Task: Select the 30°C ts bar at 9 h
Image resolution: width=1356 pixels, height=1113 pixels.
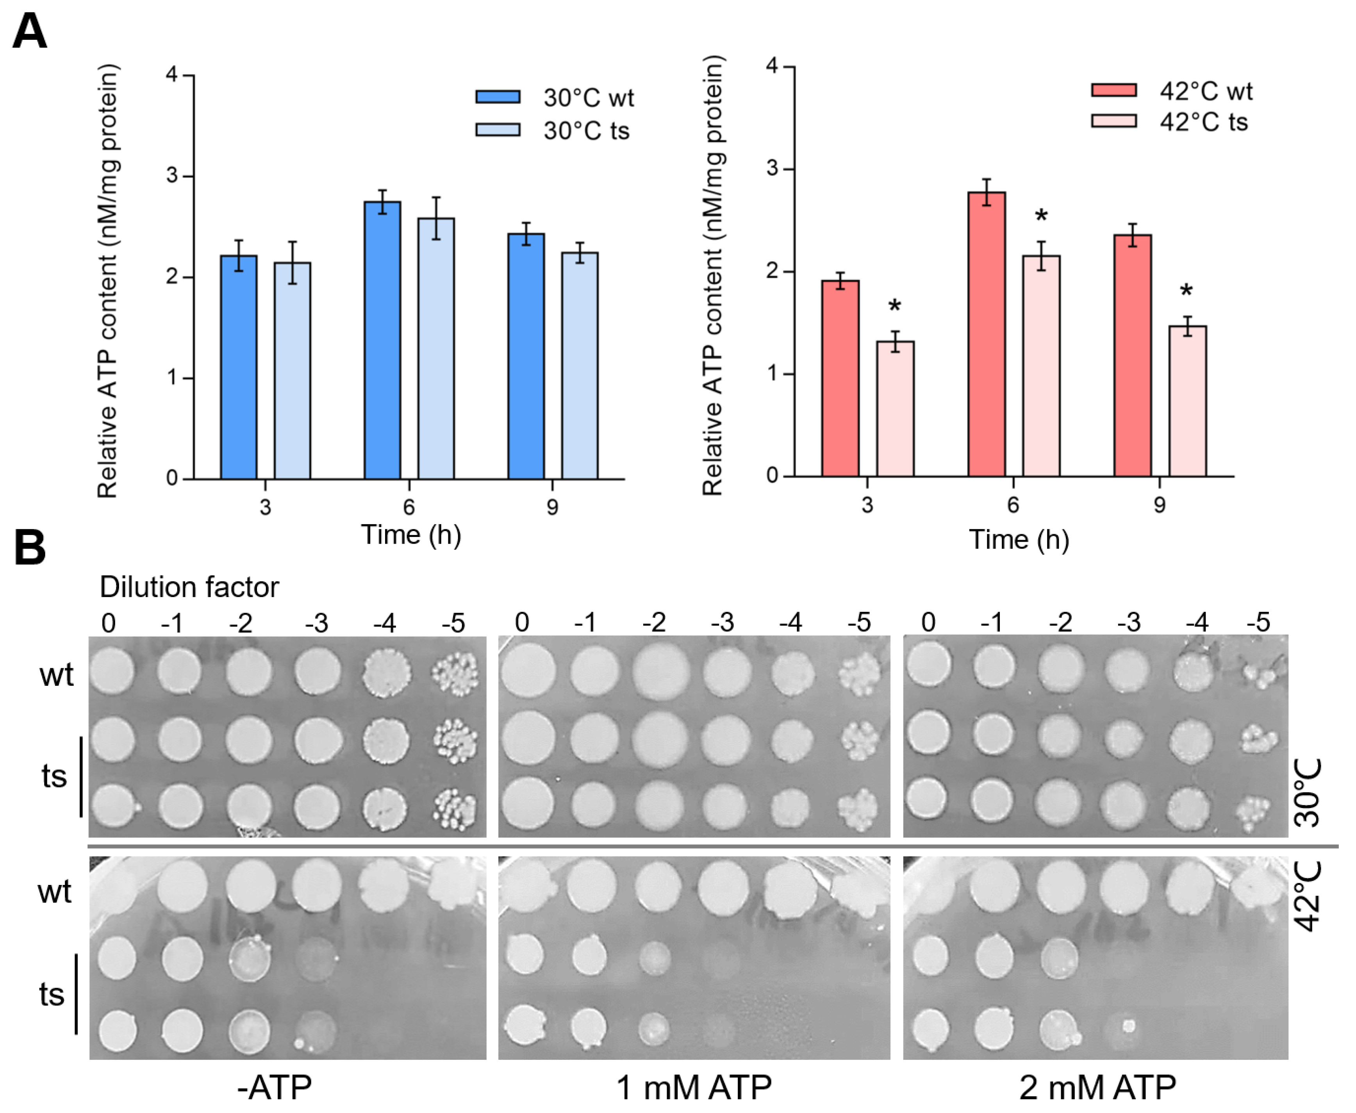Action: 580,366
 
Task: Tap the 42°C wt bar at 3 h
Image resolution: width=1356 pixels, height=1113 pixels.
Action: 840,378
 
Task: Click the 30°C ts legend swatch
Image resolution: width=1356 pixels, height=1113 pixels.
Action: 498,130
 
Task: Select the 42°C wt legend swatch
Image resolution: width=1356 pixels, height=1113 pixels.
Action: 1113,90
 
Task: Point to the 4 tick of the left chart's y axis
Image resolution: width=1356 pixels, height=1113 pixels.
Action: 172,75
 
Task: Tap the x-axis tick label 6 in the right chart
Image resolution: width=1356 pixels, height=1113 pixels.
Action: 1013,506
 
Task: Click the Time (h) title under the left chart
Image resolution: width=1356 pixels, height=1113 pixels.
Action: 411,535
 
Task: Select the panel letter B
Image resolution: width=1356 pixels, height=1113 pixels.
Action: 30,548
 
